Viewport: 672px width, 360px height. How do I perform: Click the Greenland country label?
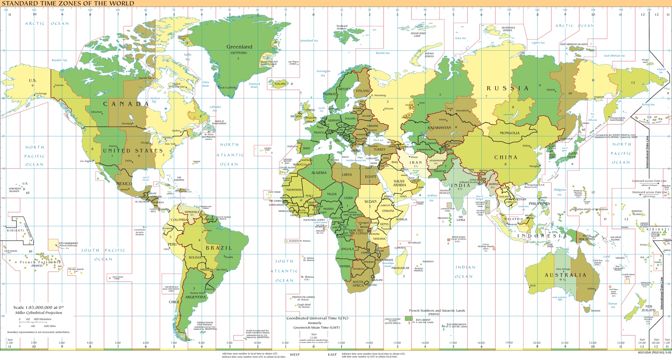point(239,47)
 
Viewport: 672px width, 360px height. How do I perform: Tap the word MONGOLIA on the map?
point(510,133)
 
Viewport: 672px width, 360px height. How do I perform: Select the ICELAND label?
point(280,84)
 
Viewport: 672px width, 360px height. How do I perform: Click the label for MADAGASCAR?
point(400,268)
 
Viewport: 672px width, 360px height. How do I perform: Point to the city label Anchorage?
point(41,94)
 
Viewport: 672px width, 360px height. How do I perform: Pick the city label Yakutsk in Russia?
point(551,90)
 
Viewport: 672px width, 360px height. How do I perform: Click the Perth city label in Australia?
point(533,285)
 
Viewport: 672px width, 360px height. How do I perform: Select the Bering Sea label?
point(648,104)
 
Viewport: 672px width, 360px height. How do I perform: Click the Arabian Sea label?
point(432,198)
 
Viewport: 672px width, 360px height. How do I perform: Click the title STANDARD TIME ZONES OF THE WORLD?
point(68,3)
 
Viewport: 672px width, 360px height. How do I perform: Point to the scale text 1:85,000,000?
point(38,308)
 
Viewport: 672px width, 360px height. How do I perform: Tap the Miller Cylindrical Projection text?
point(38,313)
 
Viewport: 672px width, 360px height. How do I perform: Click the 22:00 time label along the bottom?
point(593,343)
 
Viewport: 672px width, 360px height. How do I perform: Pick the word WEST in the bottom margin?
point(295,354)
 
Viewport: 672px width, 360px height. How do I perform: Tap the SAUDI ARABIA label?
point(399,183)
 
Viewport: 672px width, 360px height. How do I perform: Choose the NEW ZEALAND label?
point(648,308)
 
